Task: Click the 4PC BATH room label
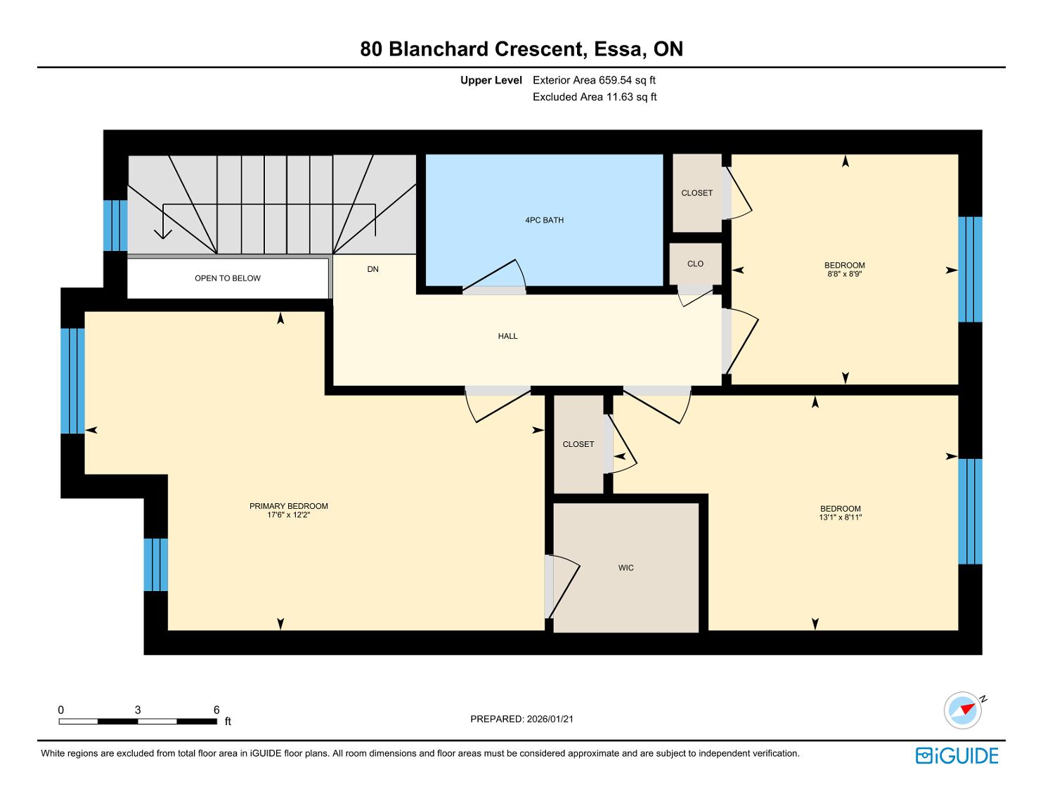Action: [544, 221]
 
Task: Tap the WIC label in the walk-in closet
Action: [626, 568]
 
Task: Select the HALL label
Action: [507, 337]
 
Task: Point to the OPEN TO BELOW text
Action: [227, 278]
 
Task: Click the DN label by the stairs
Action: [372, 269]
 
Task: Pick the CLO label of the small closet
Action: [695, 264]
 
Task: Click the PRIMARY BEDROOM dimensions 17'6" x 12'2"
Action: [289, 515]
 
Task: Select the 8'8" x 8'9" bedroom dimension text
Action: [844, 274]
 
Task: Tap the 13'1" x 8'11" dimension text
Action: [840, 517]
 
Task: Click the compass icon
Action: [962, 710]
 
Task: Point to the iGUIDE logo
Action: [957, 755]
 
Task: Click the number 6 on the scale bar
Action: [216, 710]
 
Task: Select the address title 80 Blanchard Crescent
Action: [521, 49]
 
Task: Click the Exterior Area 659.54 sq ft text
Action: [594, 80]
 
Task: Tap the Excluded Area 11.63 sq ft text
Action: [595, 97]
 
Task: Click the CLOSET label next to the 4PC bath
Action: [697, 193]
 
